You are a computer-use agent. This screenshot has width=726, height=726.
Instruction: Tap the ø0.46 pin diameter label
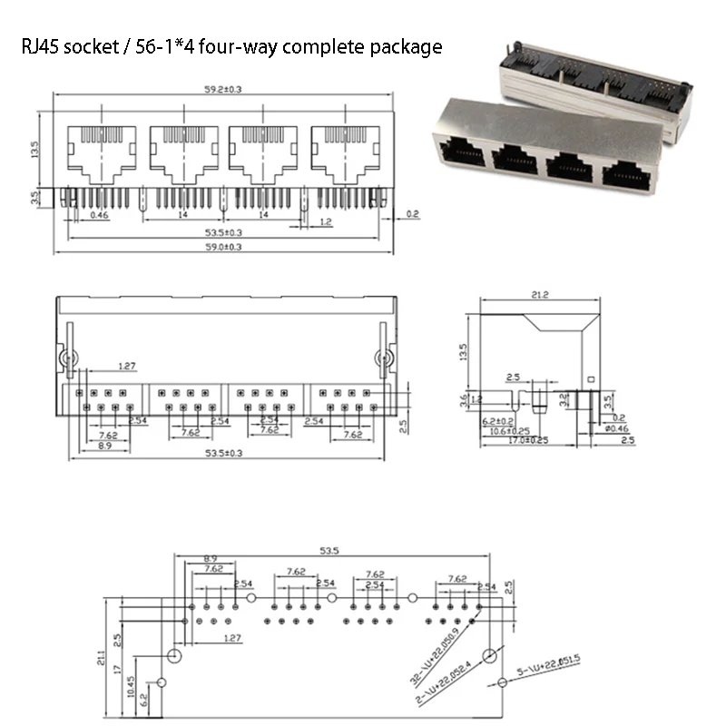click(618, 427)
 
